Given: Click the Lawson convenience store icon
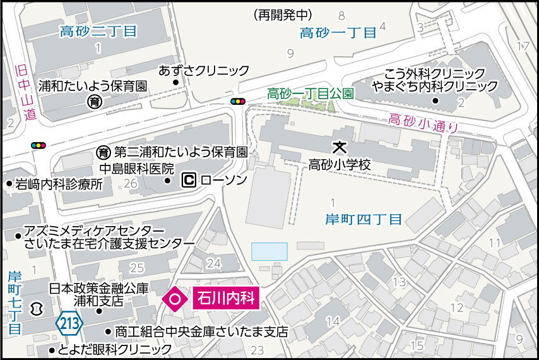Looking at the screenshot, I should pyautogui.click(x=188, y=181).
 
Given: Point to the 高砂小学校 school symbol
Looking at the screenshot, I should pyautogui.click(x=340, y=148).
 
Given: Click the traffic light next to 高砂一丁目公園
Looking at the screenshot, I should pyautogui.click(x=238, y=101).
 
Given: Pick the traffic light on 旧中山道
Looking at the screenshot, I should pyautogui.click(x=38, y=145).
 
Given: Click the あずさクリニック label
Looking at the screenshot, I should pyautogui.click(x=204, y=70).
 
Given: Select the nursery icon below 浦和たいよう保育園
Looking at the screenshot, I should pyautogui.click(x=94, y=101).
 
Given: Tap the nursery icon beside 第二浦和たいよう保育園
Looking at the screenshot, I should pyautogui.click(x=104, y=152).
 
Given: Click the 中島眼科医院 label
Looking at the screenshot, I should pyautogui.click(x=137, y=169).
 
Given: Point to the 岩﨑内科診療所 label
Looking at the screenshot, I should pyautogui.click(x=59, y=184).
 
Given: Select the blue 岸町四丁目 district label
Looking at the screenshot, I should pyautogui.click(x=364, y=219).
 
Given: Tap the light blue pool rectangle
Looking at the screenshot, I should pyautogui.click(x=269, y=251).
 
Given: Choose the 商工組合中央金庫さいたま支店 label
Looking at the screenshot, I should pyautogui.click(x=201, y=331).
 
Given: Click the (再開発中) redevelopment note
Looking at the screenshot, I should pyautogui.click(x=281, y=15).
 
